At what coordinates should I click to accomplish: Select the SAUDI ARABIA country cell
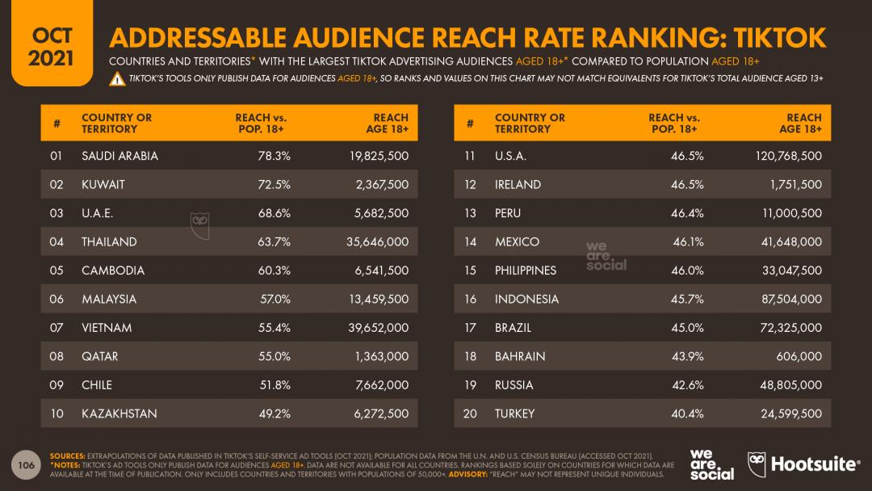tap(119, 156)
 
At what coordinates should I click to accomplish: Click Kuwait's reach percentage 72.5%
tap(273, 184)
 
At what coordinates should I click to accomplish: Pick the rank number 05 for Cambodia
tap(57, 271)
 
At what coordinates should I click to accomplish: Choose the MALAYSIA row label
tap(109, 299)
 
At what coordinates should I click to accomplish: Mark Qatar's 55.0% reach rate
tap(273, 356)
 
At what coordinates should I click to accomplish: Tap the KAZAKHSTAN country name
tap(119, 413)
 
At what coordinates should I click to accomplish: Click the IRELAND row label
tap(518, 184)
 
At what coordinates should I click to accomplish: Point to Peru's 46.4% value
tap(686, 213)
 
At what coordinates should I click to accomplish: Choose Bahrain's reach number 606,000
tap(798, 356)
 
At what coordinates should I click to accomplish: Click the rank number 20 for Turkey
tap(470, 413)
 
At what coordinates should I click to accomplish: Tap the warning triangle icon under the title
tap(117, 78)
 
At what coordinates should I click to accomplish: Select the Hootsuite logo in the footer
tap(803, 464)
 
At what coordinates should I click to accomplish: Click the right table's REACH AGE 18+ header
tap(803, 123)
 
